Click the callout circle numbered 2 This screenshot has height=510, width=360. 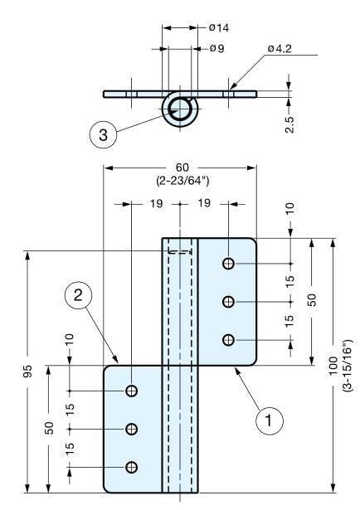(x=76, y=294)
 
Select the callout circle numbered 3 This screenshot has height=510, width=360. (x=102, y=136)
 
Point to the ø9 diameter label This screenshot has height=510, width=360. (x=216, y=48)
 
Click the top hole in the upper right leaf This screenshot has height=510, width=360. (x=228, y=264)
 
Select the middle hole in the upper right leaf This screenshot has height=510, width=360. (x=228, y=301)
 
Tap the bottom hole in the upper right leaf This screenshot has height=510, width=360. (x=228, y=339)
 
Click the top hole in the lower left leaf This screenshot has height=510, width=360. (x=131, y=391)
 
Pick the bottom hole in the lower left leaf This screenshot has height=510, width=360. (x=131, y=467)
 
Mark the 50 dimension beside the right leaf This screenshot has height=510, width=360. (x=313, y=299)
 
